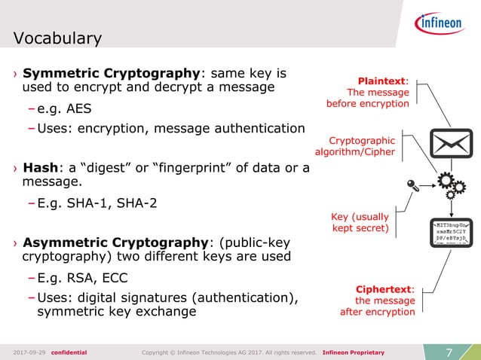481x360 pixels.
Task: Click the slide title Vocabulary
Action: pos(57,38)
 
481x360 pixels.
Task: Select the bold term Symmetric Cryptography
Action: pos(111,74)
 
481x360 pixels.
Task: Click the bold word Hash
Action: pos(42,167)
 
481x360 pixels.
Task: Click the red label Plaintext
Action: pos(381,81)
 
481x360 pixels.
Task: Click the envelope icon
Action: pos(451,144)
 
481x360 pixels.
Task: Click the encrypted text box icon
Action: pos(451,231)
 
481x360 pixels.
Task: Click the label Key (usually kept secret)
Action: pos(360,222)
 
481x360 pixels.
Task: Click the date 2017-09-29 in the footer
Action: pos(29,352)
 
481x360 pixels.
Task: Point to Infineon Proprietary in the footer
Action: pos(353,352)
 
